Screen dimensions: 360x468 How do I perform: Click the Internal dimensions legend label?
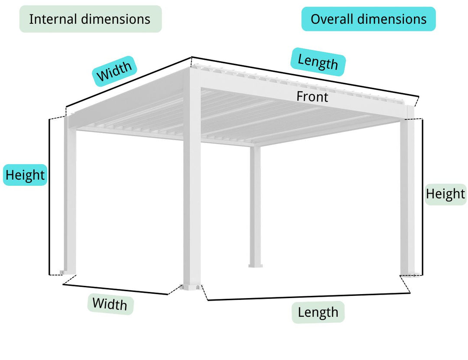click(x=90, y=19)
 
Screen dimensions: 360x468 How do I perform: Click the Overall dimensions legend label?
click(x=368, y=19)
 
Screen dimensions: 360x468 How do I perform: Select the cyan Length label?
click(x=318, y=62)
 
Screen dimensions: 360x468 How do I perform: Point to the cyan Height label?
click(x=25, y=175)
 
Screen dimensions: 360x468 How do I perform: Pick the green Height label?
click(x=445, y=194)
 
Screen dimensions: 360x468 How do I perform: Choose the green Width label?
click(x=110, y=304)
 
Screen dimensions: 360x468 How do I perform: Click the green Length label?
click(x=318, y=312)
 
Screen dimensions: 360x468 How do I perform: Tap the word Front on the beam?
click(x=312, y=97)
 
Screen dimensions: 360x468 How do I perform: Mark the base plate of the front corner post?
click(x=192, y=287)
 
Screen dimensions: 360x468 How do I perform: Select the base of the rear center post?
click(x=255, y=265)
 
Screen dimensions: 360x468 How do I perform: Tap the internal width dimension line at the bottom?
click(x=115, y=289)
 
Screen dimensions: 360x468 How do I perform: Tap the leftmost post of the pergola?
click(x=70, y=195)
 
